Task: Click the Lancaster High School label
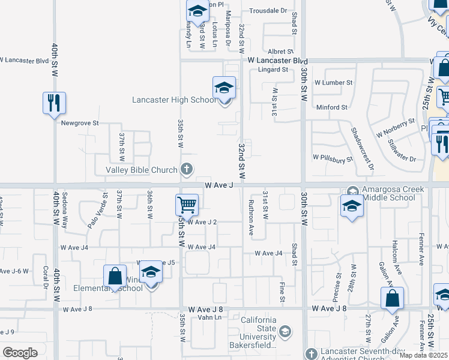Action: (x=173, y=100)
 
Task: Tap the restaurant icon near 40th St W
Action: (x=54, y=103)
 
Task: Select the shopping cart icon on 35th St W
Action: (x=187, y=205)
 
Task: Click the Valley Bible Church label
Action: (x=142, y=170)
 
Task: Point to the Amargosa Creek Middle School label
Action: (x=389, y=193)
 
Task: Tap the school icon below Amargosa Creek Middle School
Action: (x=352, y=208)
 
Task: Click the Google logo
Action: (x=20, y=353)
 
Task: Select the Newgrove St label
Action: (x=79, y=123)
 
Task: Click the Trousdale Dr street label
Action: (x=268, y=11)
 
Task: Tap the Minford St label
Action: (x=333, y=107)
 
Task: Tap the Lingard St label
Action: (x=273, y=70)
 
